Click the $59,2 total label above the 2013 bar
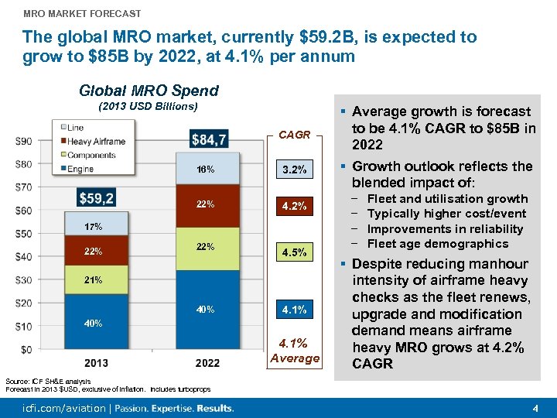[97, 199]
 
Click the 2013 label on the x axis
[97, 363]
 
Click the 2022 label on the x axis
[207, 363]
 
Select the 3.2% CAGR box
[295, 170]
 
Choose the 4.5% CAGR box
[295, 252]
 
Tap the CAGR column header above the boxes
[295, 135]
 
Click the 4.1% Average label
[295, 351]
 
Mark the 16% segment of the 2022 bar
[207, 170]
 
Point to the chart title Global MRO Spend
[149, 91]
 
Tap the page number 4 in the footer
[535, 408]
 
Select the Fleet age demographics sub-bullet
[437, 244]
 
